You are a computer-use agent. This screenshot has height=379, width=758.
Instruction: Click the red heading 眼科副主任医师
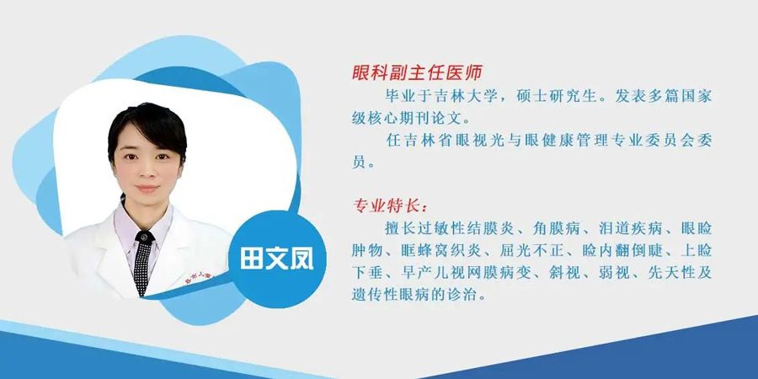tap(417, 73)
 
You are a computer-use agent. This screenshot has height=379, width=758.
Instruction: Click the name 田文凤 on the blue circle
tap(277, 259)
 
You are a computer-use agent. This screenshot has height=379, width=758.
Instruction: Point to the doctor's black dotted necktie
tap(143, 262)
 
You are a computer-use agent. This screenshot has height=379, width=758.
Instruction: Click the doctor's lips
tap(147, 189)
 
